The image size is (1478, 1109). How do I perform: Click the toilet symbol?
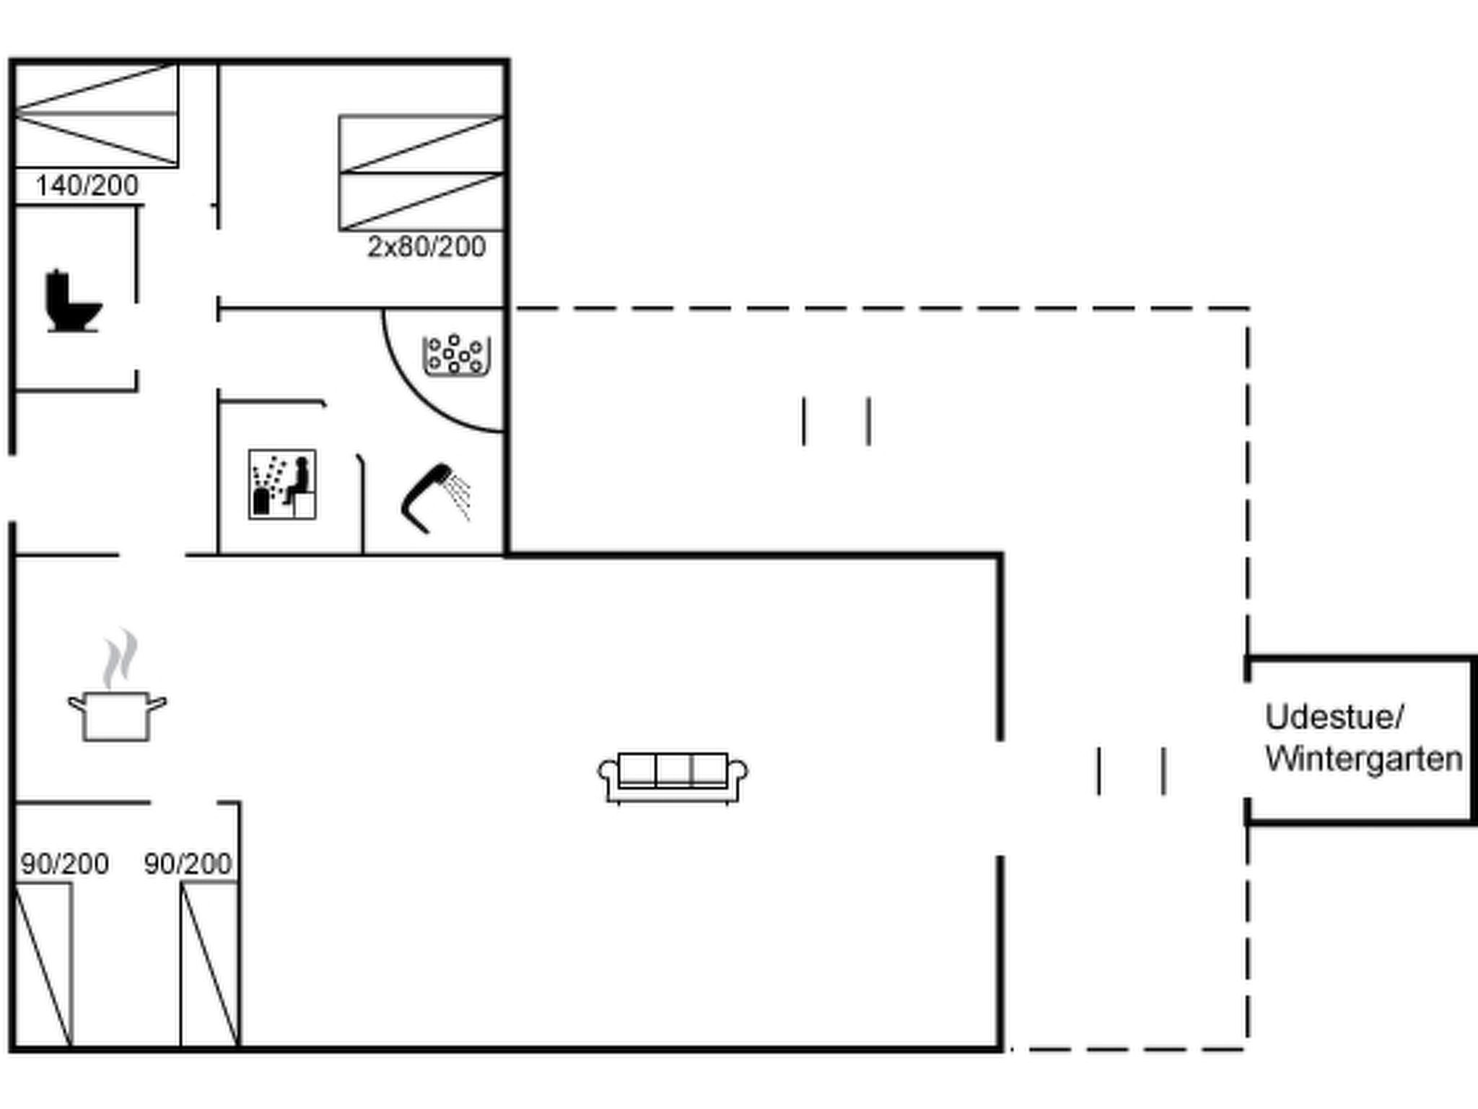click(x=73, y=301)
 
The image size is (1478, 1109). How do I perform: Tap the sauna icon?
click(x=282, y=484)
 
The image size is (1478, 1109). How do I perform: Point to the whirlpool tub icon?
click(x=456, y=355)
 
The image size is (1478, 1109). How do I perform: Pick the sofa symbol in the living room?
click(x=673, y=778)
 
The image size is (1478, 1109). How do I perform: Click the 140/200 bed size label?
click(x=87, y=186)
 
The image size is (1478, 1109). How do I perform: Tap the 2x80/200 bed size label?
click(x=427, y=247)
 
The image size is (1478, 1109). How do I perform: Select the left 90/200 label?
click(x=64, y=864)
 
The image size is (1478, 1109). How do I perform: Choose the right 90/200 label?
click(x=188, y=864)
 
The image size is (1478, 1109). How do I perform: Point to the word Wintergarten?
click(x=1364, y=760)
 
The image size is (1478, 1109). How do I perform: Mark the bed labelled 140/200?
click(x=96, y=115)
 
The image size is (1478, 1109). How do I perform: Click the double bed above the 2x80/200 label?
click(x=421, y=173)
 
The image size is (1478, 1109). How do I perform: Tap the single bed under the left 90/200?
click(x=43, y=964)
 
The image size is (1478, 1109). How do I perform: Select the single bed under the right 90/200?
click(x=210, y=964)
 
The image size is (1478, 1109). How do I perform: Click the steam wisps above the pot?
click(x=120, y=658)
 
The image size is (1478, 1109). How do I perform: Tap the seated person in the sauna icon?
click(x=298, y=481)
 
